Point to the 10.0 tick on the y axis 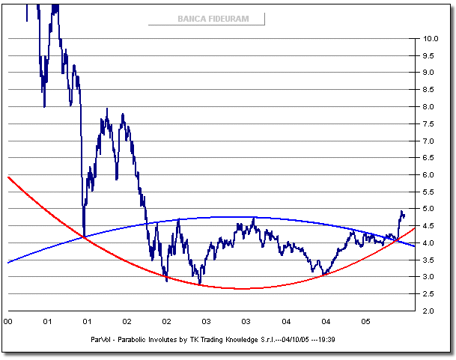(430, 38)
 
